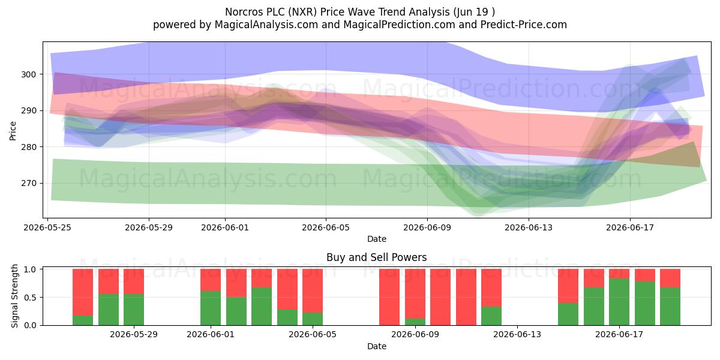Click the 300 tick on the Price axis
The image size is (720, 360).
[28, 74]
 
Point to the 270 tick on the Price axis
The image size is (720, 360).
[28, 183]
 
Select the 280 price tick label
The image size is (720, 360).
[28, 147]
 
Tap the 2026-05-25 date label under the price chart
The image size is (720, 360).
[47, 227]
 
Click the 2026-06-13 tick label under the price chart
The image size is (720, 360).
[529, 227]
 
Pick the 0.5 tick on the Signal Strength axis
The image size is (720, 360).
[30, 298]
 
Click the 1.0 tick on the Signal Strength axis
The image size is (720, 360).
[30, 269]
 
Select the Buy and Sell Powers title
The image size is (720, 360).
[376, 257]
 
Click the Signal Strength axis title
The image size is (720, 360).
[14, 296]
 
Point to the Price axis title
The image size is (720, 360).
[13, 131]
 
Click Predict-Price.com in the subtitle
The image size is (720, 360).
[524, 25]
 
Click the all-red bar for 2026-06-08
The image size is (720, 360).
[389, 297]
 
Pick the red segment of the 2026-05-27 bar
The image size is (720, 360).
[109, 281]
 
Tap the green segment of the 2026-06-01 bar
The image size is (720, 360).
[211, 308]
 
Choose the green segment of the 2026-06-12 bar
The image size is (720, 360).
[491, 316]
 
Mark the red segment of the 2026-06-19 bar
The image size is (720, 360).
[670, 278]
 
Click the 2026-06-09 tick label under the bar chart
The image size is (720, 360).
[415, 335]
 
